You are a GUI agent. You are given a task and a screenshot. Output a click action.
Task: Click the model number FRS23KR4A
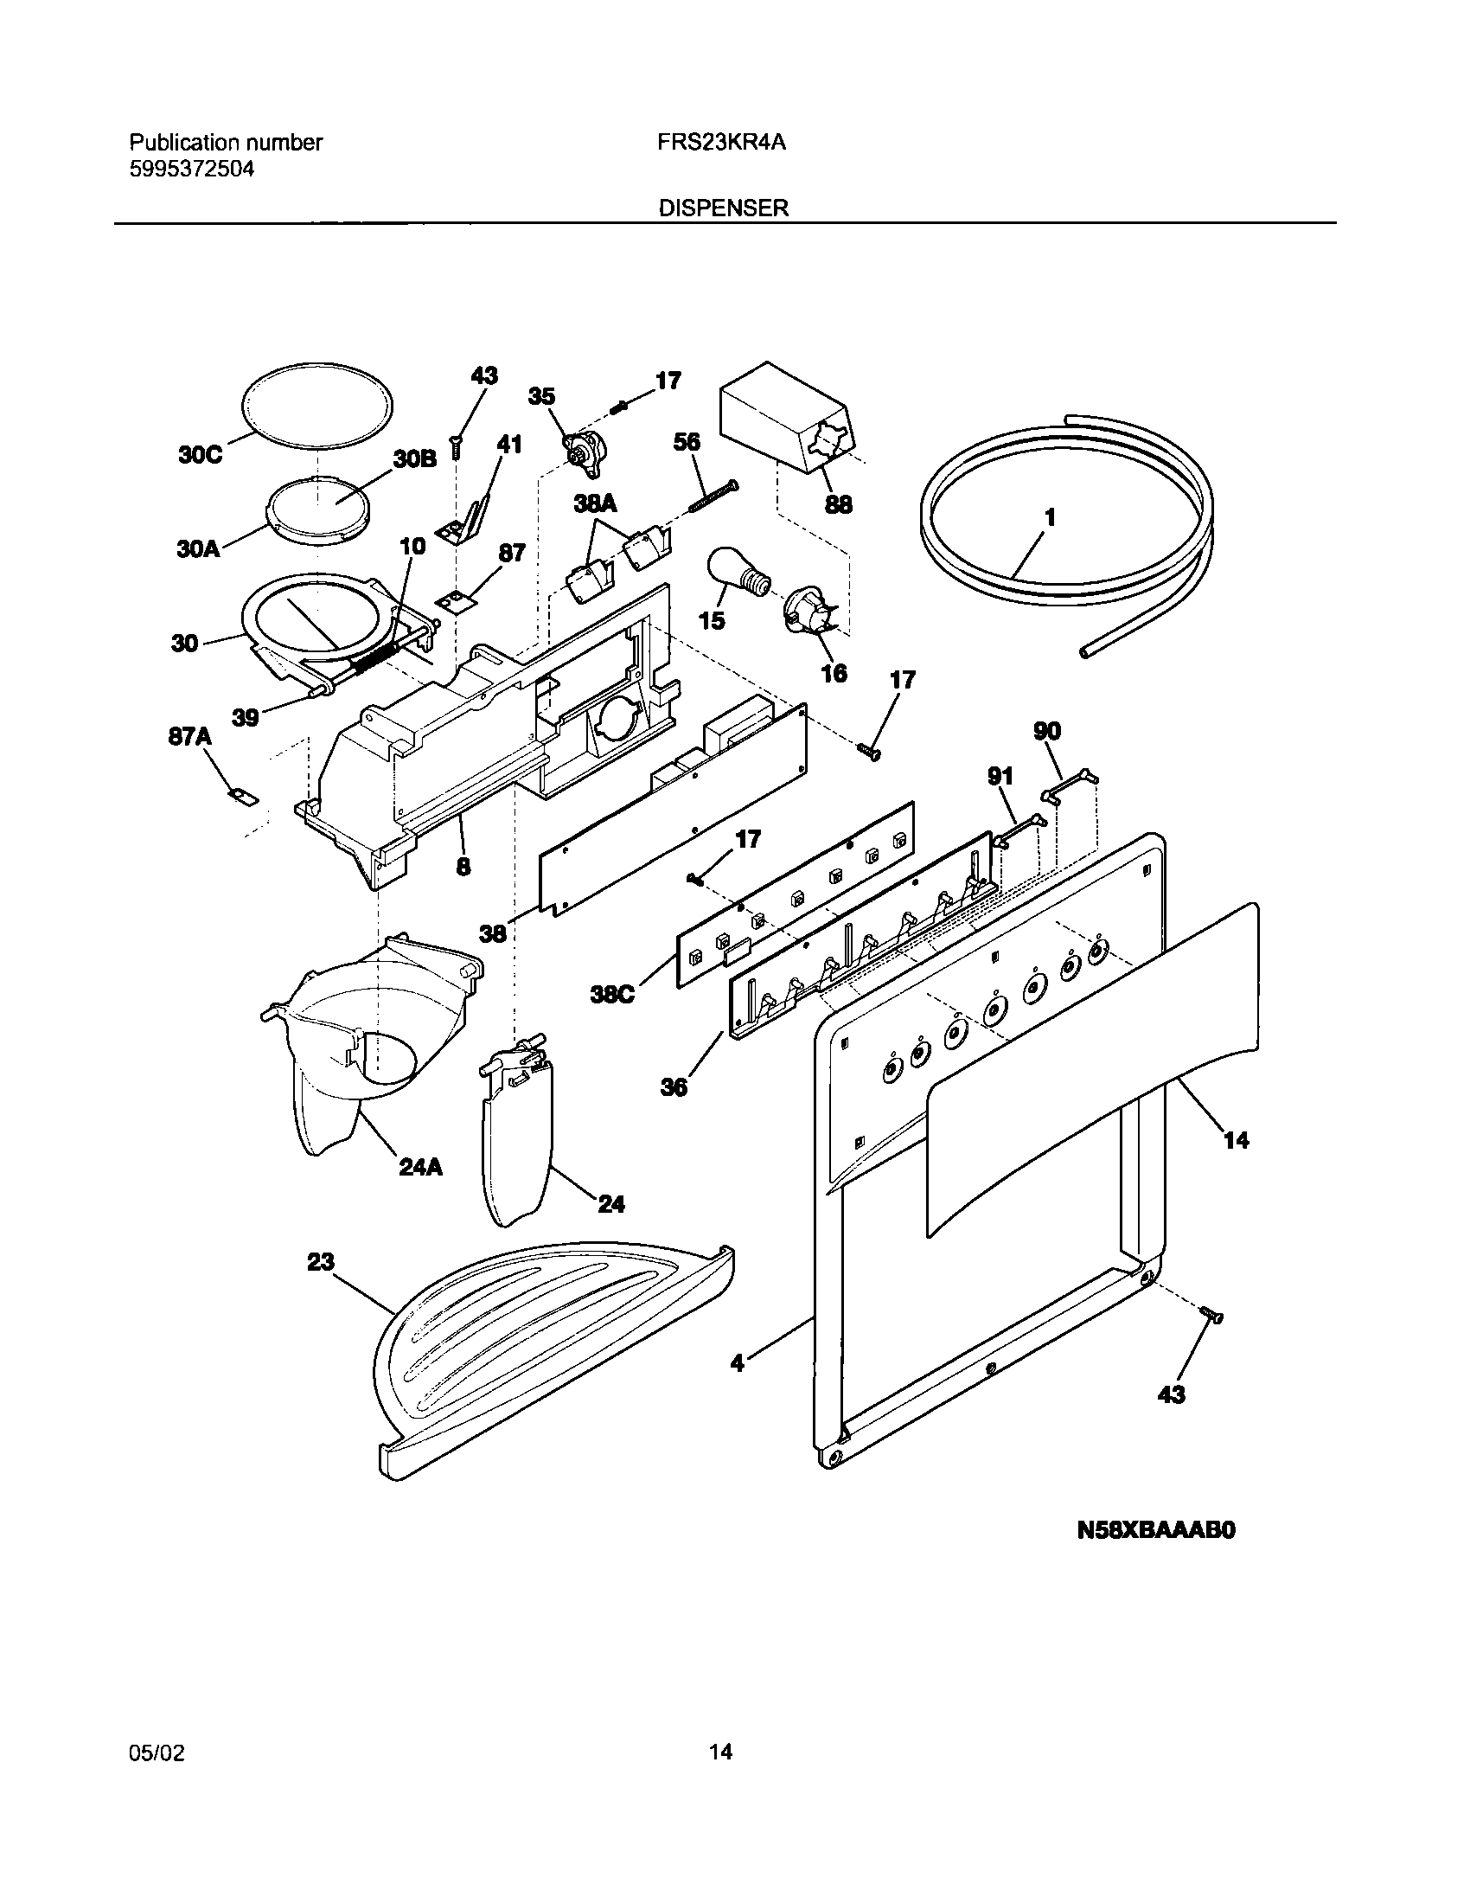coord(722,143)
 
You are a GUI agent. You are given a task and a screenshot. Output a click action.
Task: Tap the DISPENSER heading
coord(724,208)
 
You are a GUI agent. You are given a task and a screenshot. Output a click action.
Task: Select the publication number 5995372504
coord(192,169)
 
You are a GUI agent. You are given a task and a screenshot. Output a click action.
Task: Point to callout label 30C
coord(201,455)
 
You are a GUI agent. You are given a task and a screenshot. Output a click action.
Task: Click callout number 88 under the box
coord(838,503)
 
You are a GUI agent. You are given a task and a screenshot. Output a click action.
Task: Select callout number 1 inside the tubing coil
coord(1050,518)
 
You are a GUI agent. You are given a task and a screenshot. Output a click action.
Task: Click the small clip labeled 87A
coord(243,795)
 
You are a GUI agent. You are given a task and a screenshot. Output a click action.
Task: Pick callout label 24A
coord(420,1167)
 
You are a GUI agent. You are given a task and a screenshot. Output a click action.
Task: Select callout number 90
coord(1047,731)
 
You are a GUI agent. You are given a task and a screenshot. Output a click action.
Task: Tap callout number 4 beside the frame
coord(737,1387)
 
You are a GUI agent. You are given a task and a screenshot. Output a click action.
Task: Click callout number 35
coord(541,396)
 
